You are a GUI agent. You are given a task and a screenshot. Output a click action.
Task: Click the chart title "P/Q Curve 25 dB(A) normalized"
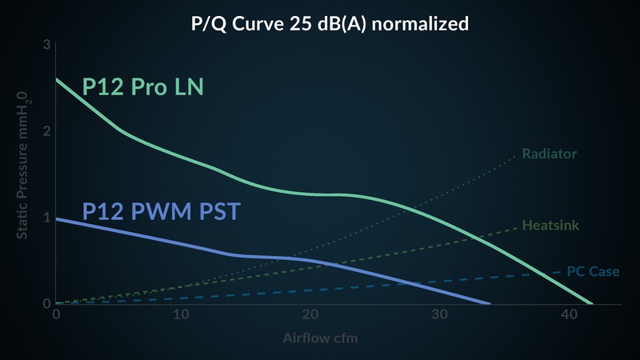click(x=330, y=24)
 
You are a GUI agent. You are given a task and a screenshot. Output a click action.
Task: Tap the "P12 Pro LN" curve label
click(x=143, y=86)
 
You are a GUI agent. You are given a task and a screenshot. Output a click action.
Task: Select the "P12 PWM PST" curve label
click(x=162, y=211)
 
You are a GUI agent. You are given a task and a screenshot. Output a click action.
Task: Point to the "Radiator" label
click(x=550, y=154)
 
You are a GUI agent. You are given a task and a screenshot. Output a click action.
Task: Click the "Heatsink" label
click(x=550, y=225)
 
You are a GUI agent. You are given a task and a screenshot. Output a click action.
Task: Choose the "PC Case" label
click(x=593, y=271)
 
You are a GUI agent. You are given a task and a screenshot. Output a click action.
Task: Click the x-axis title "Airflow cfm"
click(x=320, y=338)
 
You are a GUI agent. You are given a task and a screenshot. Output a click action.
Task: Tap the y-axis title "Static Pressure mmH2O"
click(x=22, y=166)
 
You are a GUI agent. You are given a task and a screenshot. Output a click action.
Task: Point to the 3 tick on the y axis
click(x=46, y=44)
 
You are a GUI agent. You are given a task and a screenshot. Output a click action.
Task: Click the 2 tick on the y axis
click(x=46, y=131)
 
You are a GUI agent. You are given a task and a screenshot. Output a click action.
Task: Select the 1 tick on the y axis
click(x=47, y=217)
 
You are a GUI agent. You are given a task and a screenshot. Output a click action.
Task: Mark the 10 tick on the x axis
click(x=182, y=314)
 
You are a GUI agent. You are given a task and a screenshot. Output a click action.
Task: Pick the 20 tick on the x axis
click(x=310, y=314)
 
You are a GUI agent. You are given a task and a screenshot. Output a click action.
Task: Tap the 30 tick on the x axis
click(x=439, y=314)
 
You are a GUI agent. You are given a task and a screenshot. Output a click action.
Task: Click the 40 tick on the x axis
click(x=569, y=314)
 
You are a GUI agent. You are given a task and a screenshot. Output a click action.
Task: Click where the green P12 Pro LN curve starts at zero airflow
click(x=56, y=78)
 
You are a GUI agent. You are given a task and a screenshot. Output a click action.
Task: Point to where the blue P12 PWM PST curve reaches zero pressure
click(x=490, y=304)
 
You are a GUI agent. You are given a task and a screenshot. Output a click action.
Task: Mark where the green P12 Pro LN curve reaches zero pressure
click(x=591, y=304)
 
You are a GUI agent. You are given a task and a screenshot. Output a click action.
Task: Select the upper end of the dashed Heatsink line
click(x=517, y=228)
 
